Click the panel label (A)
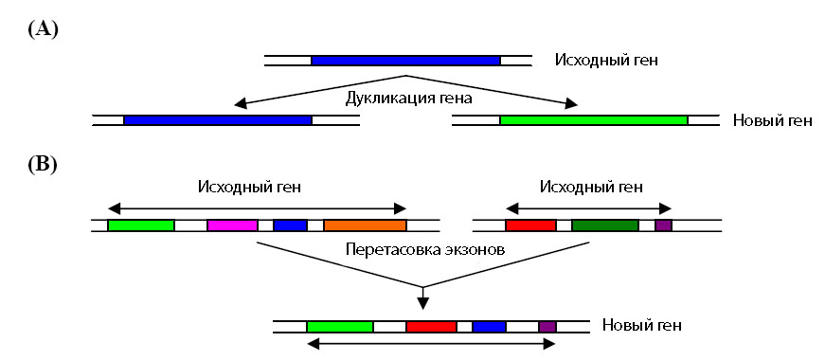(44, 29)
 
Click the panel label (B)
(44, 164)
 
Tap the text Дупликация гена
(408, 97)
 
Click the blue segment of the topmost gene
(405, 61)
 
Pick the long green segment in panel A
(594, 120)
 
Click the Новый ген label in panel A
(772, 121)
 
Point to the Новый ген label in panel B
(641, 327)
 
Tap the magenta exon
(232, 226)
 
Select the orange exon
(365, 226)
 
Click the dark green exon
(604, 226)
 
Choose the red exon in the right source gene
(530, 226)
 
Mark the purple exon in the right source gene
(663, 226)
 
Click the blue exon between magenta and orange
(290, 226)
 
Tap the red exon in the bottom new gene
(431, 327)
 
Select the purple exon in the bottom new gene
(547, 327)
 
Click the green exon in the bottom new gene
(339, 327)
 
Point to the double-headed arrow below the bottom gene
(431, 347)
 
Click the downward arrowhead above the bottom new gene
(423, 303)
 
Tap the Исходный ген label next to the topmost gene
(606, 61)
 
